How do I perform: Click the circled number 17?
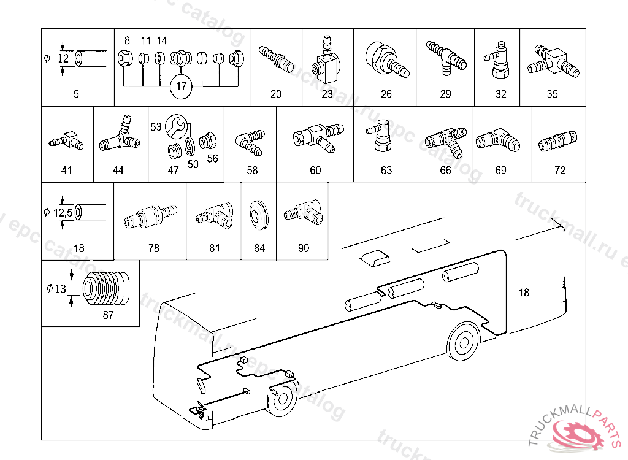(182, 86)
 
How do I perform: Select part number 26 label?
(386, 94)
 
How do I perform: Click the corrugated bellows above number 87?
(106, 288)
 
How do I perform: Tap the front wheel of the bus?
(283, 399)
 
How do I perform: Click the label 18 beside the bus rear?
(523, 293)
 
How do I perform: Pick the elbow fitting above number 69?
(499, 139)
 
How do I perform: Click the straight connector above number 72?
(557, 143)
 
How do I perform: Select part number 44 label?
(118, 171)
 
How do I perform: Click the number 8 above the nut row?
(127, 40)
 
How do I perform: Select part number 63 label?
(386, 171)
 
